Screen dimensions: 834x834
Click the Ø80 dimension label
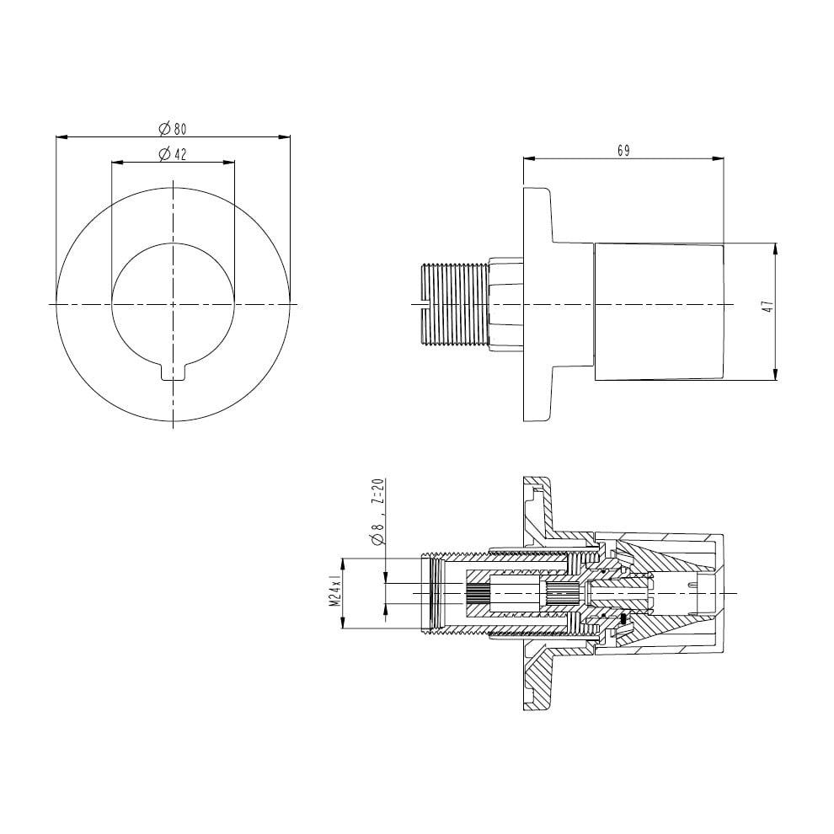point(173,128)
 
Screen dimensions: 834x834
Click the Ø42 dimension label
point(173,153)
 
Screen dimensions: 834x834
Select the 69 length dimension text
point(624,151)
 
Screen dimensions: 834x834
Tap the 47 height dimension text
point(767,307)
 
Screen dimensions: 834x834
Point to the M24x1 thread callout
point(334,592)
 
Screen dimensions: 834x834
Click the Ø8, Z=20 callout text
point(377,512)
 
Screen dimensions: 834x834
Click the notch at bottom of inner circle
point(173,371)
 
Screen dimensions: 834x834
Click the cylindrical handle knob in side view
point(659,312)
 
